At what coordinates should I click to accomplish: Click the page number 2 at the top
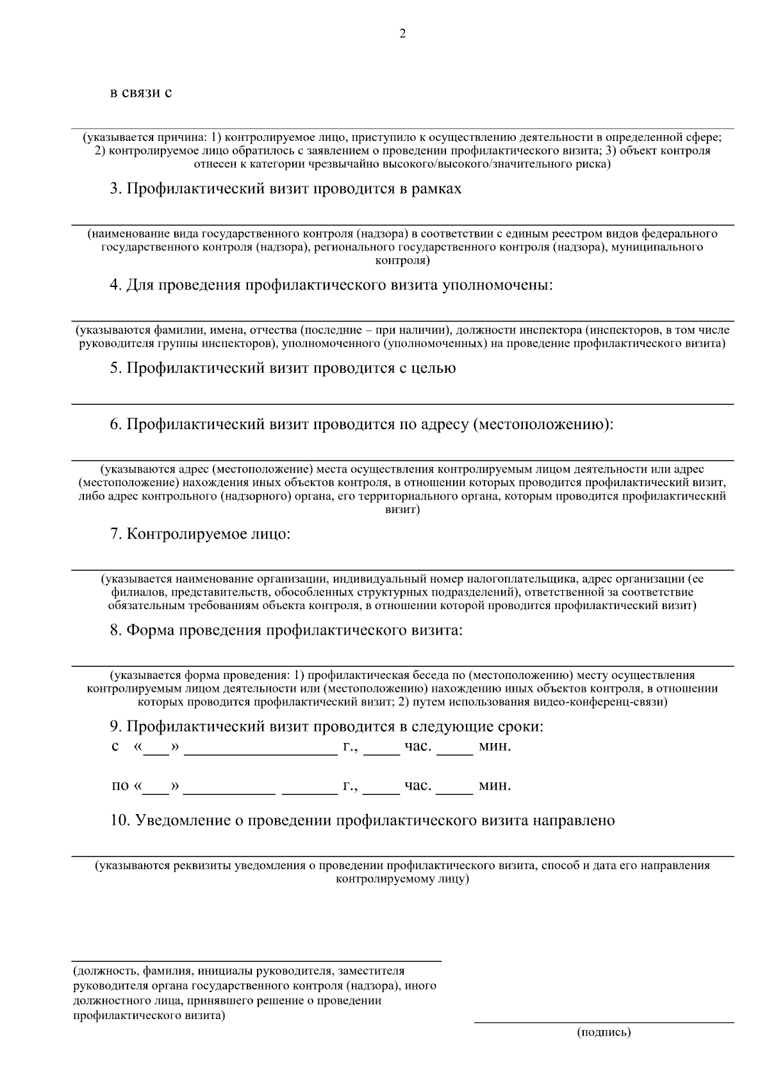click(x=402, y=35)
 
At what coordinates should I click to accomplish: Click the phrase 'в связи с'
click(x=141, y=93)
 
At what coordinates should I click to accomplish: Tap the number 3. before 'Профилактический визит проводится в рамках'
click(x=116, y=190)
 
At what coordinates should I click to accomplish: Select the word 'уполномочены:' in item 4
click(x=497, y=286)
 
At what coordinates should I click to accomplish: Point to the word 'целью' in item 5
click(x=435, y=369)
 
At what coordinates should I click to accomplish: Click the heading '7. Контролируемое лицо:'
click(x=200, y=534)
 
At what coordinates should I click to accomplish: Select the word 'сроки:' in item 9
click(x=522, y=727)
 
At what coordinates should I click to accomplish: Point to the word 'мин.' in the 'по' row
click(x=495, y=786)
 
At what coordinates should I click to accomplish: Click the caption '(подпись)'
click(x=604, y=1033)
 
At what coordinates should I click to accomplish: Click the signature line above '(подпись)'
click(x=604, y=1022)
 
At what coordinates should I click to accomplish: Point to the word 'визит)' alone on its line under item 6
click(x=402, y=511)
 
